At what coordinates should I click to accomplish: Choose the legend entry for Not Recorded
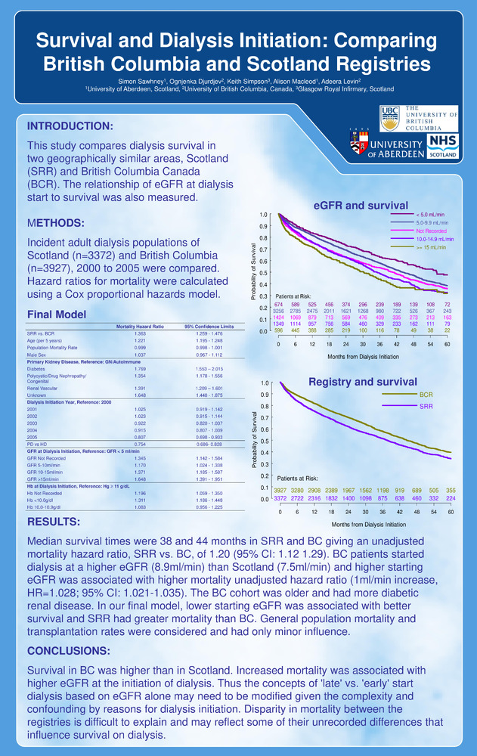click(432, 231)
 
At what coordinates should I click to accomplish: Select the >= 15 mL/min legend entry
click(432, 247)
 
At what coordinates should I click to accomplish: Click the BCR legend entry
click(426, 395)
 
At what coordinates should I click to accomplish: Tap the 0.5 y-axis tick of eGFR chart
click(262, 273)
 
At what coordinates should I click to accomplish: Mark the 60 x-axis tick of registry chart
click(451, 512)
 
